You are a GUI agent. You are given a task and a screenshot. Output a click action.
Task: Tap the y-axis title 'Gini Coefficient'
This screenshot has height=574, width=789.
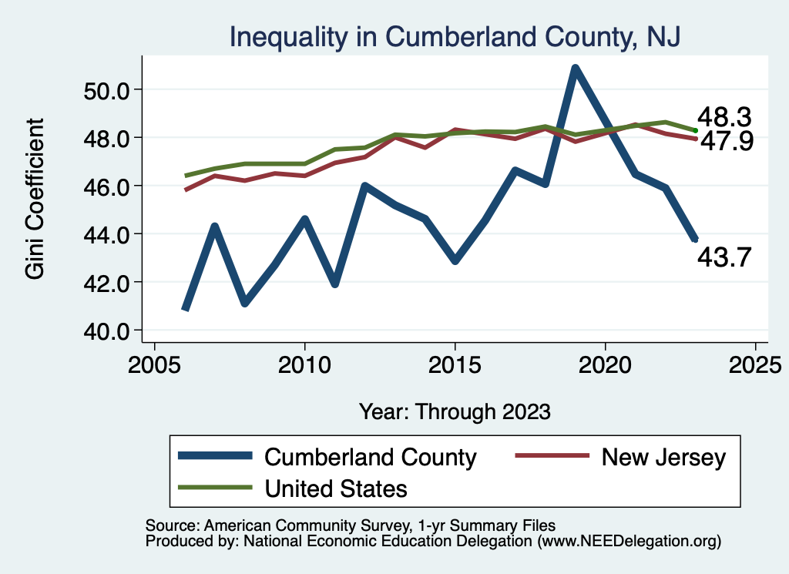pyautogui.click(x=36, y=198)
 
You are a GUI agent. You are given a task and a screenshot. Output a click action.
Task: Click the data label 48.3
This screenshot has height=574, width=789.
pyautogui.click(x=724, y=117)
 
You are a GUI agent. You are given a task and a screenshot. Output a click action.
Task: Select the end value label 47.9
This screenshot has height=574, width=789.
pyautogui.click(x=725, y=142)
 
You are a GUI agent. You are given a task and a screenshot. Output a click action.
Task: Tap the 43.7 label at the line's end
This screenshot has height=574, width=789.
pyautogui.click(x=724, y=257)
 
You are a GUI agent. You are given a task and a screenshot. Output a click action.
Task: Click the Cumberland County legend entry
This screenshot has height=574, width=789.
pyautogui.click(x=370, y=457)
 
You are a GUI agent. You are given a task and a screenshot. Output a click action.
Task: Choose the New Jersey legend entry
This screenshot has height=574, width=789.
pyautogui.click(x=663, y=457)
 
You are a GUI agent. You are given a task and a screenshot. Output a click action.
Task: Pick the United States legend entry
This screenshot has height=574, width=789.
pyautogui.click(x=336, y=488)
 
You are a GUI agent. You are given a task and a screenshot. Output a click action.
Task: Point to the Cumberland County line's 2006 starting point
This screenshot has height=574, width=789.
pyautogui.click(x=185, y=309)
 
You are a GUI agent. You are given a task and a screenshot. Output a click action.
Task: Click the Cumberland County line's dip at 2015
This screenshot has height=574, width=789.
pyautogui.click(x=455, y=261)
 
